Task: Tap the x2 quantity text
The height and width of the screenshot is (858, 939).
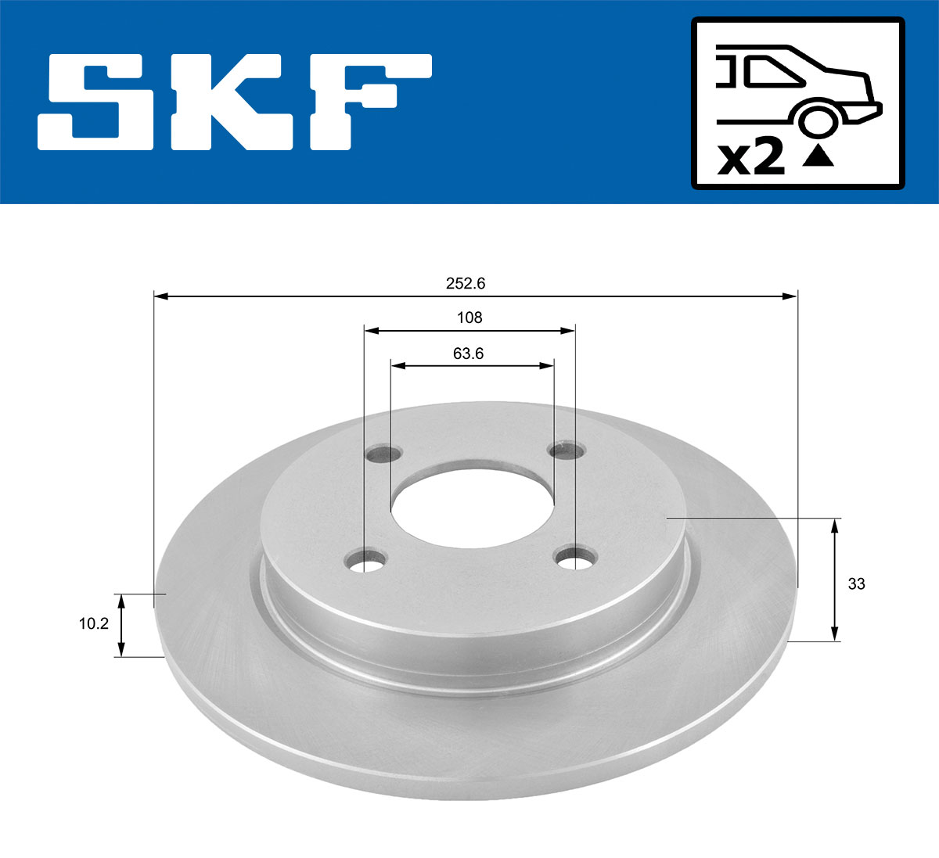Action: (x=751, y=158)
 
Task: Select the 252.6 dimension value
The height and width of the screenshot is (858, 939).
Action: (x=466, y=284)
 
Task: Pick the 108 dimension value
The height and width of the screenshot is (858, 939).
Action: (x=469, y=318)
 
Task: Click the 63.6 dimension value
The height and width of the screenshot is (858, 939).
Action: (x=468, y=354)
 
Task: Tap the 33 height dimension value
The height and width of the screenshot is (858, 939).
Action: (x=856, y=583)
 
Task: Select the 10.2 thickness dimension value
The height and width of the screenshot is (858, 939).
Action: (x=93, y=624)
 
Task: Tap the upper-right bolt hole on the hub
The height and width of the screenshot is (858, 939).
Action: (x=567, y=451)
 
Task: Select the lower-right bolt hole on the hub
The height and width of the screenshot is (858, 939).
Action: (x=575, y=558)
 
